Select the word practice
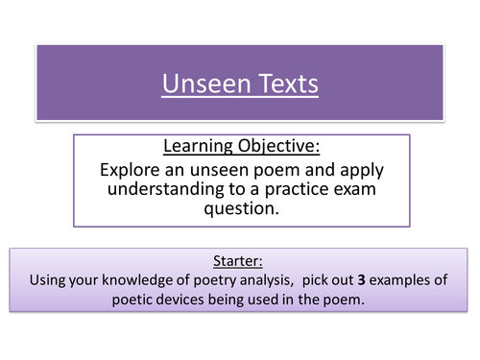click(x=299, y=189)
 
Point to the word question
click(x=239, y=209)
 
